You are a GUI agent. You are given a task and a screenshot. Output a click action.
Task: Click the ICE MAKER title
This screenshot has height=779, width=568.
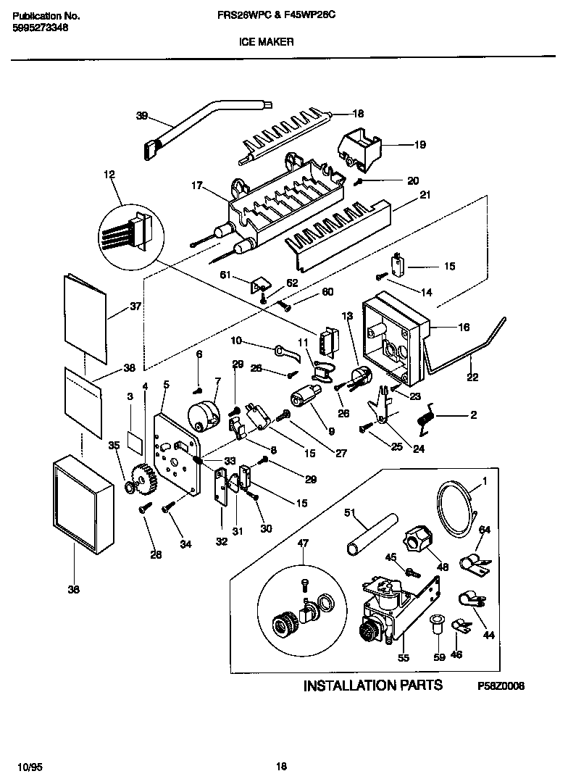coord(267,43)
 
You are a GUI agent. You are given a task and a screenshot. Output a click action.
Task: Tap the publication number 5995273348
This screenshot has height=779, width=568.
coord(42,28)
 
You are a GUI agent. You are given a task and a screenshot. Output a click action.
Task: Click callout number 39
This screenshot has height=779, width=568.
coord(141,116)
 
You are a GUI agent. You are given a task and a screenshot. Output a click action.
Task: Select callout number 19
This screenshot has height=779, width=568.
coord(419,145)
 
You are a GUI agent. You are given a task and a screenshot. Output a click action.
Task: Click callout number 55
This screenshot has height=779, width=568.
coord(404,658)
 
